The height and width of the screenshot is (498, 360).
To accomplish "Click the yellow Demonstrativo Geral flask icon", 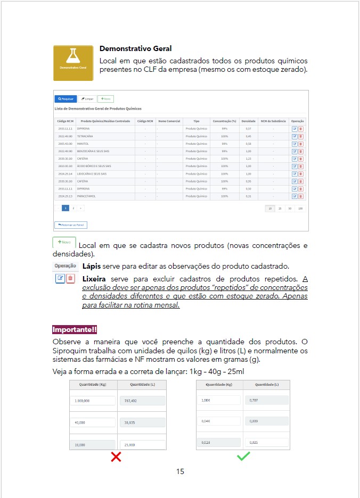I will coord(73,63).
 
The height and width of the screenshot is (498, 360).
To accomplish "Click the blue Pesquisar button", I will coord(66,99).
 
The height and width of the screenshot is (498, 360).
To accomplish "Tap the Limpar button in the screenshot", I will coord(87,99).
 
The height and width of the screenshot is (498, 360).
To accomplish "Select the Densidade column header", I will coord(248,121).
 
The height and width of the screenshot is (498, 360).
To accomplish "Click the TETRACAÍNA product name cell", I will coord(85,136).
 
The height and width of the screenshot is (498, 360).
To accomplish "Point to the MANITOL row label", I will coord(83,144).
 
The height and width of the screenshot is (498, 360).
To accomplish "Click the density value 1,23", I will coord(248,159).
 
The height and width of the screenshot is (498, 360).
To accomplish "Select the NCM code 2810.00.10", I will coord(66,166).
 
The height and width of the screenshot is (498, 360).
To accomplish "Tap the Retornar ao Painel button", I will coord(70,225).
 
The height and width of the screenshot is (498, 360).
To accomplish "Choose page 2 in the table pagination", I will coord(73,208).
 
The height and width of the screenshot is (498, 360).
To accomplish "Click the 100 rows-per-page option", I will coord(300,209).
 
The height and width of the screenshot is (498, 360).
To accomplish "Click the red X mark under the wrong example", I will coord(116,456).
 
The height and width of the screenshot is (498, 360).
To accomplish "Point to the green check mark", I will coord(243,456).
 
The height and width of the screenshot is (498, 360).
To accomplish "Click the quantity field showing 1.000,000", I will coord(93,400).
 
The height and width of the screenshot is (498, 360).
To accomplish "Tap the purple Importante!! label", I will coord(75,330).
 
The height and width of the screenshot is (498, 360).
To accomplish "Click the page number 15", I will coord(180,471).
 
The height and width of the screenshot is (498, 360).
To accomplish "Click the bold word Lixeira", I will coord(94,278).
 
